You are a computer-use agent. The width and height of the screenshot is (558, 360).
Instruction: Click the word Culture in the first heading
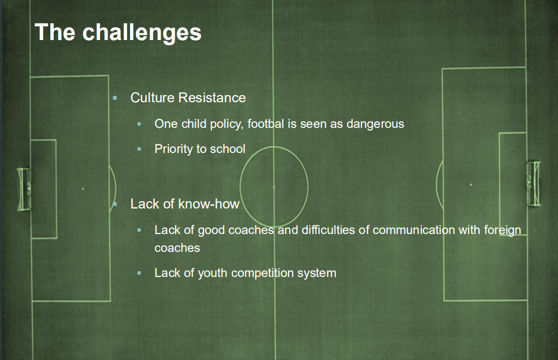point(153,97)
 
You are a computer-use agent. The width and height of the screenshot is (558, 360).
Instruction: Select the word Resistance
point(212,97)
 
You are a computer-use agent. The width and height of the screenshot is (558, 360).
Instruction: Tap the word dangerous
point(376,124)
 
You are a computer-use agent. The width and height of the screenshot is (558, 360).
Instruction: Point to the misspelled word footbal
point(266,124)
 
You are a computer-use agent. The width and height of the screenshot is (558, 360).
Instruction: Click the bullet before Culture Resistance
point(114,98)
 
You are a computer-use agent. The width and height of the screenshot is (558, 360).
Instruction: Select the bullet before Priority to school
point(139,149)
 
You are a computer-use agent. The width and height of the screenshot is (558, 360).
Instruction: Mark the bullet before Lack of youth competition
point(139,273)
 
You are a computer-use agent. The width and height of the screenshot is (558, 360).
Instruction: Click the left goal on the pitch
point(24,189)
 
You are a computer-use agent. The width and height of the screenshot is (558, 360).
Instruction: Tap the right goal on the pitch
point(533,184)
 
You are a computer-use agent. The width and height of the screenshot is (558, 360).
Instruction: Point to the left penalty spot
point(83,189)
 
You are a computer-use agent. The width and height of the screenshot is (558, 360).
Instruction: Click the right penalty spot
point(471,185)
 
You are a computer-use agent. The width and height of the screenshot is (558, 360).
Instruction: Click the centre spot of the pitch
point(274,186)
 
